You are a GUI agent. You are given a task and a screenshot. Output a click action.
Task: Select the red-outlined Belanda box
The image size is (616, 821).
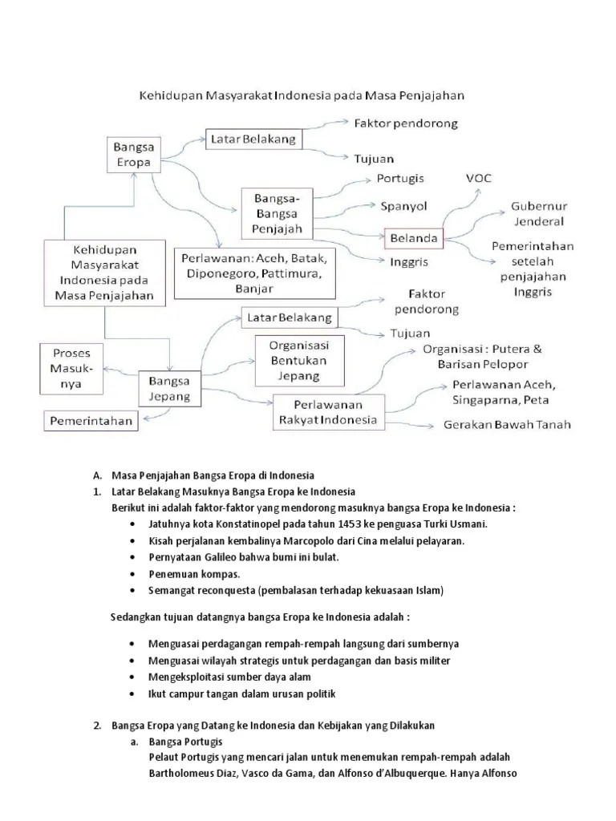click(414, 239)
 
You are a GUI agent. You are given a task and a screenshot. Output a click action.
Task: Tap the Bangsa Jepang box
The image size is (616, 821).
click(169, 387)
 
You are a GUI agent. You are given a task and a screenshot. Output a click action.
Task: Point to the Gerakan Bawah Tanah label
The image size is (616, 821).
click(508, 425)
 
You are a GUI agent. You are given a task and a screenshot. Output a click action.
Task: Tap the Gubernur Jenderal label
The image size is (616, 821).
click(537, 213)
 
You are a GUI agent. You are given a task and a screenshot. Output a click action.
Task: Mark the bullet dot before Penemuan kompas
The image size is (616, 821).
click(132, 574)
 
